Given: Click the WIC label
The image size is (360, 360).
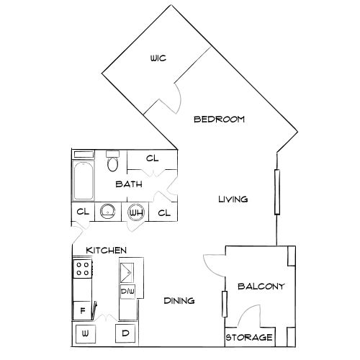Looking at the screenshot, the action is pos(158,58).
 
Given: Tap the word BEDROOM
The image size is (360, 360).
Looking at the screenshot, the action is pos(219,120).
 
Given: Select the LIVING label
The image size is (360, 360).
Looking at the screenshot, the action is pos(233,199).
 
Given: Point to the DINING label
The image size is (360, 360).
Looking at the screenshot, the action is pos(179,301).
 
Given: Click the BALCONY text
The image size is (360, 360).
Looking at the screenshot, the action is pos(261,287).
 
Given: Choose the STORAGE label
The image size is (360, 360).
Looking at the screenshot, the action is pos(249,338).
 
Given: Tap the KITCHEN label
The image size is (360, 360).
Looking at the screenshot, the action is pos(106,251).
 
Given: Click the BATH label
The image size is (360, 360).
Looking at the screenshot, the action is pos(129,184).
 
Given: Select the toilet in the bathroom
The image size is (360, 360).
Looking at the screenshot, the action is pos(112,161).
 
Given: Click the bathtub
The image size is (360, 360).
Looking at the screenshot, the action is pos(84,180).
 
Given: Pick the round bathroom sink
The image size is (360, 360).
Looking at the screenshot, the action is pos(107,211).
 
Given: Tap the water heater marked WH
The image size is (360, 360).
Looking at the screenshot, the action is pos(136,212).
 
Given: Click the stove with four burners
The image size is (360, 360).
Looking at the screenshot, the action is pos(83,269).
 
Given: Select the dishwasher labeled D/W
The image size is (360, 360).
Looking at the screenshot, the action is pos(127,292).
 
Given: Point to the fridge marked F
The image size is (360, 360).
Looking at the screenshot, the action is pos(82,311).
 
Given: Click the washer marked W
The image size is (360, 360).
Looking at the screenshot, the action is pos(86,334).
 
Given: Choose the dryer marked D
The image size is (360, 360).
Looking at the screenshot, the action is pos(125,333).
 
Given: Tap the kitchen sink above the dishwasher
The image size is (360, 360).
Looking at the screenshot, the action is pos(127,273).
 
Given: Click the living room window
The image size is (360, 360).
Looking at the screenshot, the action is pos(277,192).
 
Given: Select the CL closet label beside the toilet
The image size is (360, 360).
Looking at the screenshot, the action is pos(153,158).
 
